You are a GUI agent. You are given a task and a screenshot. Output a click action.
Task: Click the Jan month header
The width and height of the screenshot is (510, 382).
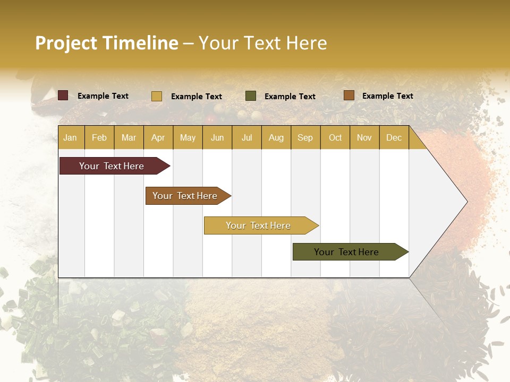pos(70,137)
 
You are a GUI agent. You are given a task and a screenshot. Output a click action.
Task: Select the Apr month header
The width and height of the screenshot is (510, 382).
pos(158,137)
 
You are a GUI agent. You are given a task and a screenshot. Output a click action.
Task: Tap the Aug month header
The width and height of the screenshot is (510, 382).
pos(276,137)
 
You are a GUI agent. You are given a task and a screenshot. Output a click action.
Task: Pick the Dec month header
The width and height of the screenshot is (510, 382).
pos(394,137)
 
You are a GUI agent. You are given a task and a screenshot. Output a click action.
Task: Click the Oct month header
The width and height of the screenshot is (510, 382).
pos(335,137)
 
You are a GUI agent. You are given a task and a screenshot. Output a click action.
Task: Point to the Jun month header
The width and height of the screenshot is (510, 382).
pos(217,137)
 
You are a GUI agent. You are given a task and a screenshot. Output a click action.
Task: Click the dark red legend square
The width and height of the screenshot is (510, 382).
pos(63,95)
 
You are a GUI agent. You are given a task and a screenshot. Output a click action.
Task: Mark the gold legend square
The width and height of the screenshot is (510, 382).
pos(157,96)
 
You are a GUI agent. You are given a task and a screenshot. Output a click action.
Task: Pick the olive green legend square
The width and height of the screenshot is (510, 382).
pos(251,96)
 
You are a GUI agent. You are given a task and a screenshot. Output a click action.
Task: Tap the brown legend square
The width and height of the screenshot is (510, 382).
pos(348,95)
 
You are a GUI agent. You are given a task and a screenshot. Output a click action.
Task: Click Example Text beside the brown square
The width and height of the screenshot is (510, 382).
pos(387,95)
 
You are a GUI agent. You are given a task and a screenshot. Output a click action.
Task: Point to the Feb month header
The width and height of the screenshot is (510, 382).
pos(99,137)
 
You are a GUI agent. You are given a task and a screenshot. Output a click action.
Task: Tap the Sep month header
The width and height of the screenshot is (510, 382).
pos(305,137)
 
